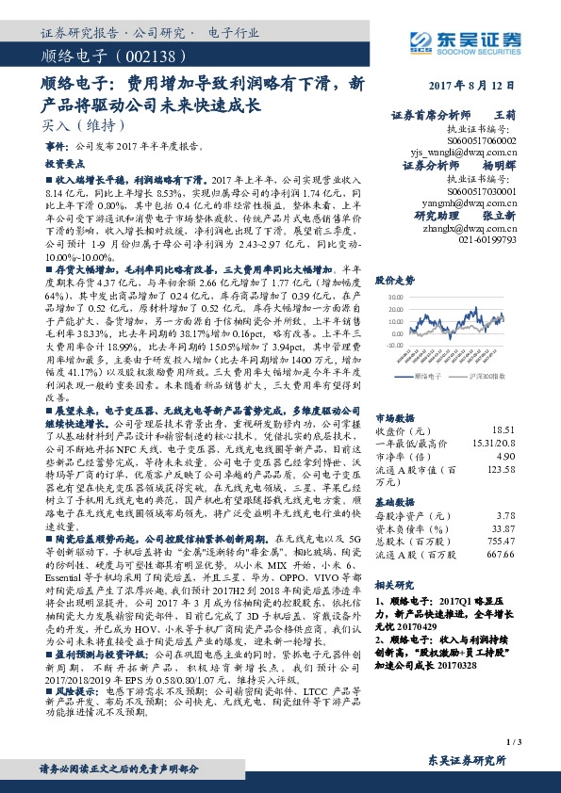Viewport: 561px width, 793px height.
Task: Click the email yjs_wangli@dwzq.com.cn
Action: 464,151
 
